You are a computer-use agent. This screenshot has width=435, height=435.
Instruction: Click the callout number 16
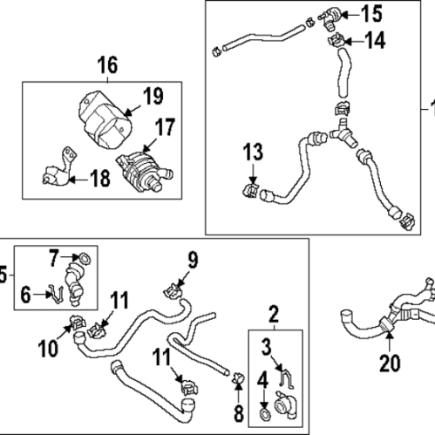[106, 65]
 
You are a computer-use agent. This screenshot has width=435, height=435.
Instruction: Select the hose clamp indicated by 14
[333, 41]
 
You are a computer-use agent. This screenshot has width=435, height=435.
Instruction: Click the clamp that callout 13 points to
[251, 187]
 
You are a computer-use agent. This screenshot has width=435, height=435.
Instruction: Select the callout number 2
[274, 313]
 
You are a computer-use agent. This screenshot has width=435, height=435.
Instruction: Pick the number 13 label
[251, 155]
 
